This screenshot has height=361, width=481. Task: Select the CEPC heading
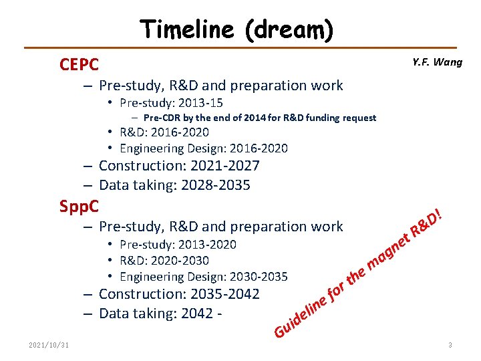coord(79,65)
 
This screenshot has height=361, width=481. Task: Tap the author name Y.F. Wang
coord(437,62)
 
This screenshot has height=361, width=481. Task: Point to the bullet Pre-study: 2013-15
coord(171,103)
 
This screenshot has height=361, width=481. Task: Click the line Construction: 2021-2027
coord(178,166)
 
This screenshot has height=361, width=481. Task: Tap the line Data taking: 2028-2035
coord(174,185)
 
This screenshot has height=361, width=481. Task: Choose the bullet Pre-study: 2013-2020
coord(178,245)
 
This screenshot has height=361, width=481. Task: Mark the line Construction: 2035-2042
coord(178,294)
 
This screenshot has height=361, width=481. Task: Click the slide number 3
coord(450,345)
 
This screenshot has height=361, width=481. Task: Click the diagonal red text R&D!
coord(426,224)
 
